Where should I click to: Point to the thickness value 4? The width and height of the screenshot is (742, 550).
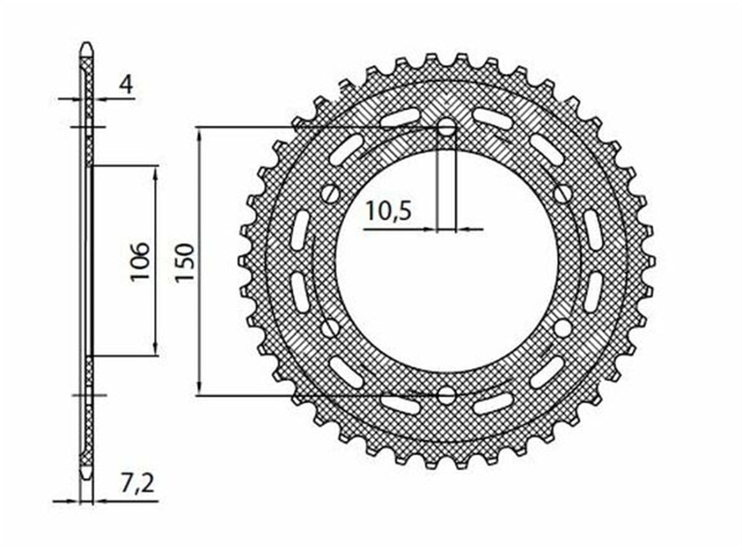coord(127,85)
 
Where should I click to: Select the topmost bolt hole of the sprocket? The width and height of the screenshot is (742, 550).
coord(446,127)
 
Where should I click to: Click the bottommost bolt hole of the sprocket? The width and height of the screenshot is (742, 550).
coord(446,395)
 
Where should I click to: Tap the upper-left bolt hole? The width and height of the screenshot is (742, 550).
coord(331,193)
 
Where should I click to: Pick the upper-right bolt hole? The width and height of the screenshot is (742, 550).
coord(562,193)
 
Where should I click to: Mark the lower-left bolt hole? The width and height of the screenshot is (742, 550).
coord(330,329)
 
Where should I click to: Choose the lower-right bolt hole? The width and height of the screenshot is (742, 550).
coord(562,329)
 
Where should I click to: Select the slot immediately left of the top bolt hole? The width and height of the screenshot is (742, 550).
coord(400,118)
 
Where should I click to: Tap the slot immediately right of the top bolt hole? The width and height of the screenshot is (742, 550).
coord(493,118)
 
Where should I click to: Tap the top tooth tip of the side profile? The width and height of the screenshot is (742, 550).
coord(86,46)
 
